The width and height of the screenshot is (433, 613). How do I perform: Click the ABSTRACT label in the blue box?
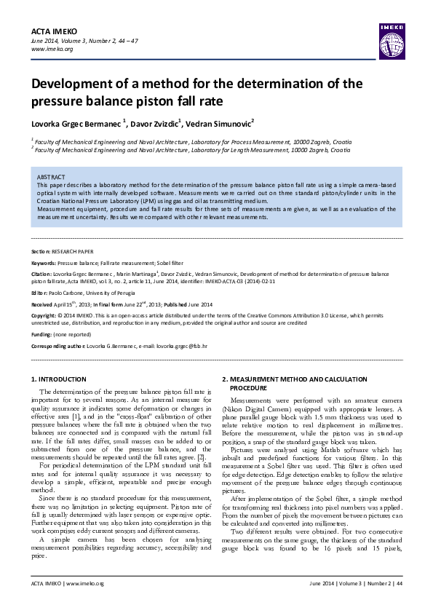coord(51,177)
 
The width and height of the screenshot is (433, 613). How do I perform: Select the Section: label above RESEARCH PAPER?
coord(41,249)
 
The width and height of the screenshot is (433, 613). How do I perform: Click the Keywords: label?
coord(44,261)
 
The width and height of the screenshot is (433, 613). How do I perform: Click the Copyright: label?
coord(44,315)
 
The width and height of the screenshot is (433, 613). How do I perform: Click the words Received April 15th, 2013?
coord(61,304)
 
